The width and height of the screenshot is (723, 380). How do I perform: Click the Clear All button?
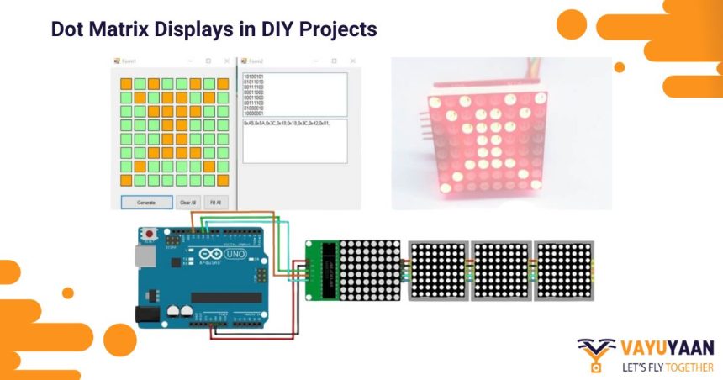pos(187,203)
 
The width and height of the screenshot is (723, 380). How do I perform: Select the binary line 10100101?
pos(254,77)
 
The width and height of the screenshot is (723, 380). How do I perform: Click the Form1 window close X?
pos(226,61)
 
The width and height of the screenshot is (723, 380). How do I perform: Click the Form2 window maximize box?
pos(334,61)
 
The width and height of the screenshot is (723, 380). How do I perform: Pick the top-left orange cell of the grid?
pos(126,84)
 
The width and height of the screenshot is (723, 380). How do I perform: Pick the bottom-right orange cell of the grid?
pos(223,180)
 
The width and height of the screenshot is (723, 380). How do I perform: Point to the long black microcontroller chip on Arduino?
pos(225,297)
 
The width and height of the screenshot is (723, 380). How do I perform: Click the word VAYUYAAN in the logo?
pos(668,348)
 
